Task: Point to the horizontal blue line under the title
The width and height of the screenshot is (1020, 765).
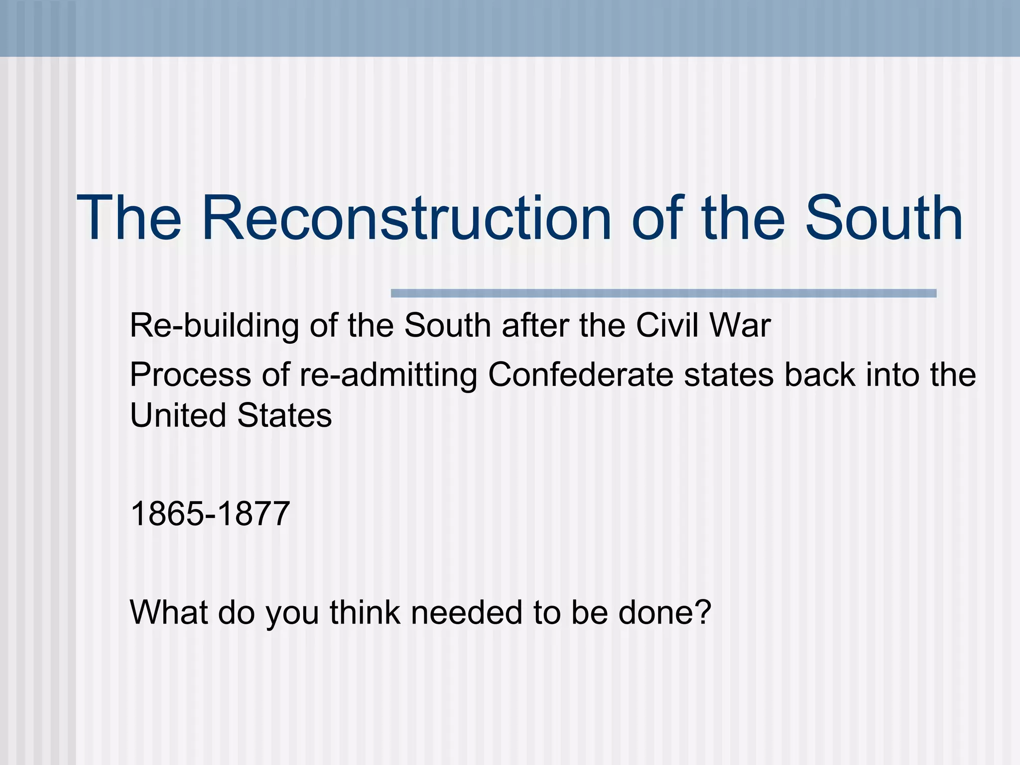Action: (x=663, y=293)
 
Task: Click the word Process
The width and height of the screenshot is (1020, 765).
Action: (x=190, y=375)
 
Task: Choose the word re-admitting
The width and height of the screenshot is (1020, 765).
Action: (x=388, y=376)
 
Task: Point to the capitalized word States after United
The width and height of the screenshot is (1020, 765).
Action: (x=284, y=415)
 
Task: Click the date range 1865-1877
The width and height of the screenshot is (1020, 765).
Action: (x=210, y=513)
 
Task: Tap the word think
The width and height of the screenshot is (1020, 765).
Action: (x=365, y=612)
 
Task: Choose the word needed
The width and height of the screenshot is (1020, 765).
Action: (x=466, y=612)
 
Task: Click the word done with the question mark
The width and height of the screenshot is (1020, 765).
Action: (x=664, y=612)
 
